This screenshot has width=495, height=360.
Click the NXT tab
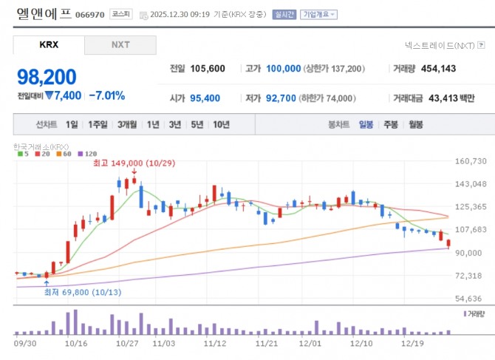[120, 45]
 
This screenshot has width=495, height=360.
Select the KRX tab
[49, 45]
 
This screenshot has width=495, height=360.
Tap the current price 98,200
[47, 77]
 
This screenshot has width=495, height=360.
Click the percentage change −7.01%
[107, 95]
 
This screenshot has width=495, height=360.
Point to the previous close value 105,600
[208, 69]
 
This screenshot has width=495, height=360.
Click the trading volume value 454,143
[438, 69]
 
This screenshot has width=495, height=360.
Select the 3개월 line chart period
[127, 124]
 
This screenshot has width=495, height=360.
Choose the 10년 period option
[221, 124]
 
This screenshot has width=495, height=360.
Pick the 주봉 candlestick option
[391, 124]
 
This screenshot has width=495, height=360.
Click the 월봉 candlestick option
[416, 124]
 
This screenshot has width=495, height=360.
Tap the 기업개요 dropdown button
[318, 15]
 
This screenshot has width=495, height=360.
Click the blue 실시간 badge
[284, 15]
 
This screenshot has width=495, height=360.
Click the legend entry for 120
[88, 154]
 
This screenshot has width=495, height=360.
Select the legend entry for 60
[64, 154]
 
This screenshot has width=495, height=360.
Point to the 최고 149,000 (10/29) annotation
[134, 163]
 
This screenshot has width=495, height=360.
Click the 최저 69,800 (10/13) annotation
[83, 292]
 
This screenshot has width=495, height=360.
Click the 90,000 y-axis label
[468, 253]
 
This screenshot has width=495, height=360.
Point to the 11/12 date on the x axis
[215, 343]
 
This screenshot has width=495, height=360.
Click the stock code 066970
[90, 15]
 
